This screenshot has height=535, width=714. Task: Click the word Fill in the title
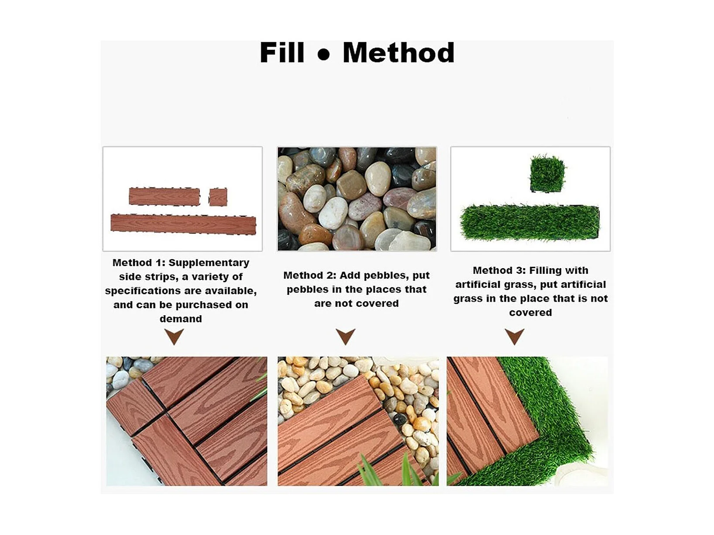[282, 52]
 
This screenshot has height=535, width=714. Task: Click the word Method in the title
[398, 52]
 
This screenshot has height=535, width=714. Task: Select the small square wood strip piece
[218, 197]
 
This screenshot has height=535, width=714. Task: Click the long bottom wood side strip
[183, 224]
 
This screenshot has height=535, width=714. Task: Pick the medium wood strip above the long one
[164, 196]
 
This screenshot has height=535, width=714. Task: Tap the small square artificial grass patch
[547, 174]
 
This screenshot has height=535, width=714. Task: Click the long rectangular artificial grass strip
[529, 222]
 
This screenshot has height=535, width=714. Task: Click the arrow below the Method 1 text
[174, 336]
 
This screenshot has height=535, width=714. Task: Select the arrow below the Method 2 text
[346, 337]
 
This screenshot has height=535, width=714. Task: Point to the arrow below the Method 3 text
[515, 337]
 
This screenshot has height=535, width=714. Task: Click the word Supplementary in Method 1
[209, 262]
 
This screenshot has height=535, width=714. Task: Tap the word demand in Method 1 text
[181, 319]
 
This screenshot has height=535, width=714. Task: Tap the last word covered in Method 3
[531, 313]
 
